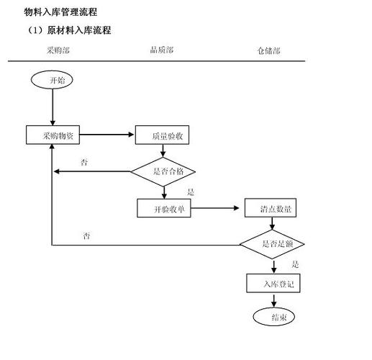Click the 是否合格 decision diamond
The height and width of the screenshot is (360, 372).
[x=163, y=171]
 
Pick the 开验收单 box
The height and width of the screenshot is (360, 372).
[x=165, y=209]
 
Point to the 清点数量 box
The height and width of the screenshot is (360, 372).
[x=271, y=209]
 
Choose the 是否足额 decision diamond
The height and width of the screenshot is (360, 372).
[x=273, y=245]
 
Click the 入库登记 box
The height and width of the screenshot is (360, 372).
[x=273, y=284]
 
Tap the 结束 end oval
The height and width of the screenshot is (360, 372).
[x=273, y=316]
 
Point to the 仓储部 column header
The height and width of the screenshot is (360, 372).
[x=268, y=50]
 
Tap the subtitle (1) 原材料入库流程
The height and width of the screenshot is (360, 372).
[x=68, y=30]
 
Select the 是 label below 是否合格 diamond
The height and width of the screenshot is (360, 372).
[x=191, y=192]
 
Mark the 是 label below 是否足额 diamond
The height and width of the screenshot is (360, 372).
[x=295, y=265]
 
